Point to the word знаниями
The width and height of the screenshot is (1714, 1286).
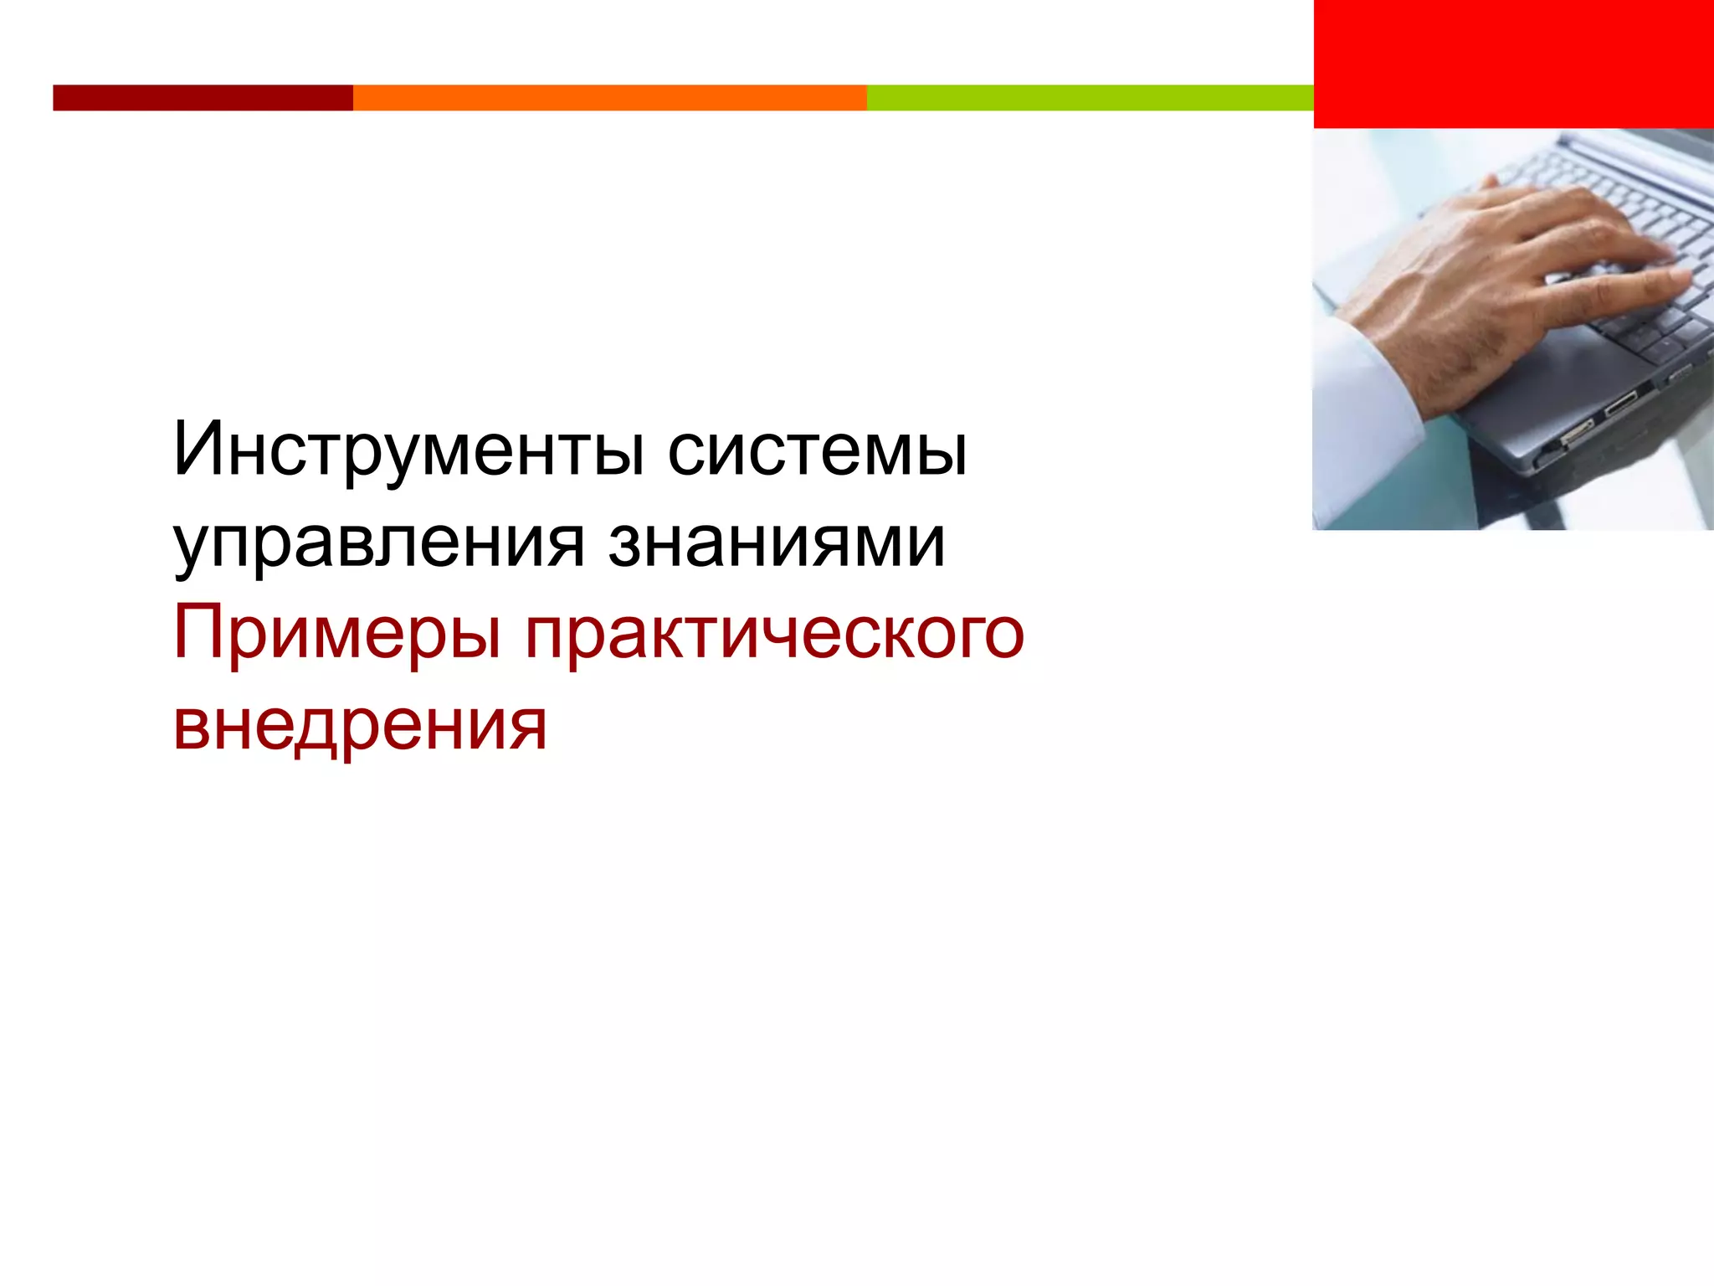pyautogui.click(x=777, y=543)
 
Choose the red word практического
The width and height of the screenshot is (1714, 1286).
pyautogui.click(x=774, y=635)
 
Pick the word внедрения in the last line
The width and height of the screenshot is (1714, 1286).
pyautogui.click(x=360, y=725)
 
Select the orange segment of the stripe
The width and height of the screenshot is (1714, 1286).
pyautogui.click(x=609, y=98)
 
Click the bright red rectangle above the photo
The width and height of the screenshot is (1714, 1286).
pyautogui.click(x=1513, y=64)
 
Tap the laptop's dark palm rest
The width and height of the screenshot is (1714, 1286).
pyautogui.click(x=1548, y=368)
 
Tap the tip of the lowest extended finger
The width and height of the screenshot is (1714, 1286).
pyautogui.click(x=1682, y=281)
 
